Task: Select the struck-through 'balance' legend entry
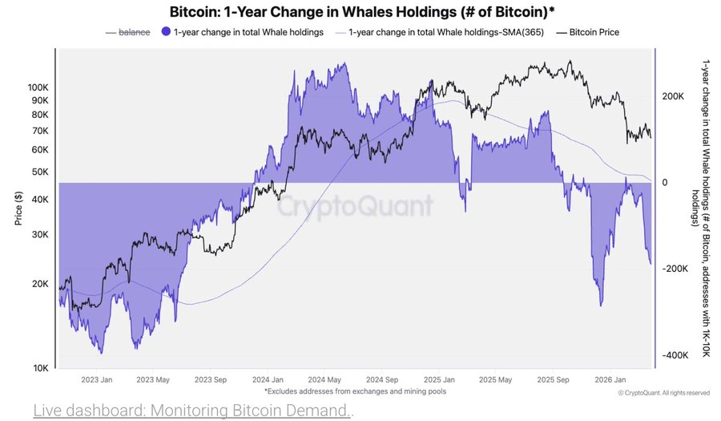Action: point(134,32)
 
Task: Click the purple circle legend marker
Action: point(165,32)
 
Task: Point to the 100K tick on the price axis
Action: point(38,87)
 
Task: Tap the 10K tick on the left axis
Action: point(40,368)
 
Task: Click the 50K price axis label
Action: point(40,172)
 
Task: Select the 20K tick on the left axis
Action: point(40,284)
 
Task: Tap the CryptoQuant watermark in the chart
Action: point(355,207)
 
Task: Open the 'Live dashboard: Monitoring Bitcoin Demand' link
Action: point(192,411)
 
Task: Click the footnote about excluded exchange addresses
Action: point(355,391)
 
